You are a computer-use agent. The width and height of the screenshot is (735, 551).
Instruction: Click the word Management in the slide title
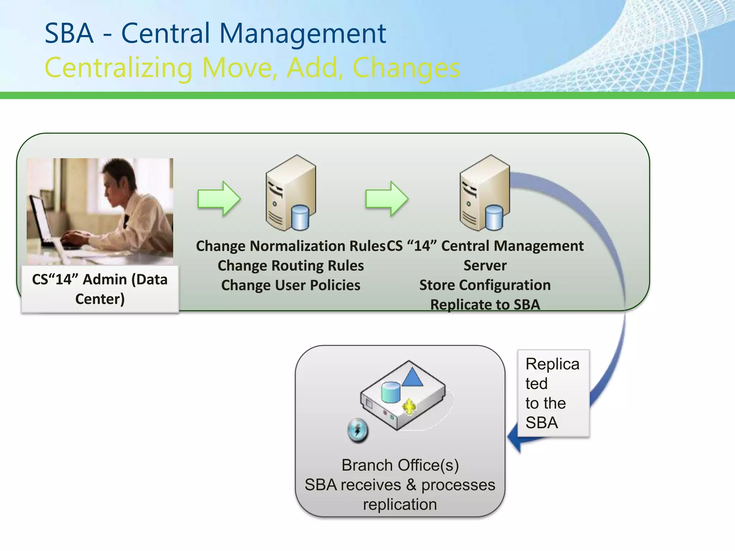303,34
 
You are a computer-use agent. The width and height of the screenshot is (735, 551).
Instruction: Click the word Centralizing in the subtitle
118,68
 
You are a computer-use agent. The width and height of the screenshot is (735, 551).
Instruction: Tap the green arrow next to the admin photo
219,198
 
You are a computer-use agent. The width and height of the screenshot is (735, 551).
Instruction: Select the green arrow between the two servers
387,198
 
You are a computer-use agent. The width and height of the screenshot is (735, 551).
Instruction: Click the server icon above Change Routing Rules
291,193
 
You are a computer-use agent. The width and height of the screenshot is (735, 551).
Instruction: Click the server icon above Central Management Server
484,193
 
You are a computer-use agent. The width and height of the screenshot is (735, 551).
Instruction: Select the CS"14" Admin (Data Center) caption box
100,289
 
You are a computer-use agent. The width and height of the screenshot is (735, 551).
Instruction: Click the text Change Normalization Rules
290,246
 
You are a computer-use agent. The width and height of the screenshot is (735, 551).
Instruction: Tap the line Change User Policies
291,285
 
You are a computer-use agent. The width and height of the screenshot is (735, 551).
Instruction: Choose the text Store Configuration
485,285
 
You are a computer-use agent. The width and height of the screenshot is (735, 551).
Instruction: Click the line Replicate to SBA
485,305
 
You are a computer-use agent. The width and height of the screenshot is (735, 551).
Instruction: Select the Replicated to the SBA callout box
553,393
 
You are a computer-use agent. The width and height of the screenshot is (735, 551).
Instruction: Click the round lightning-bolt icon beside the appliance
358,430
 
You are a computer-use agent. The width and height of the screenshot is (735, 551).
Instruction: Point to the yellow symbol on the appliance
409,407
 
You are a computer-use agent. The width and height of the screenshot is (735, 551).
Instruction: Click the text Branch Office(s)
400,465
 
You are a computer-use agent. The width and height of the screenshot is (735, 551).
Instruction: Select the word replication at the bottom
400,505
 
